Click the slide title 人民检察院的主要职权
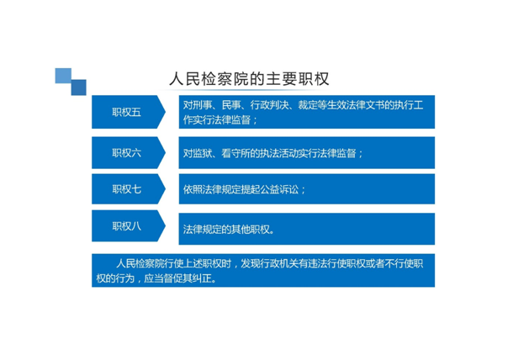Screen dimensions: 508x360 249,79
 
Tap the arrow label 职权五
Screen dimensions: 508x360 126,112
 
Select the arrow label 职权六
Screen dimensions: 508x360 126,152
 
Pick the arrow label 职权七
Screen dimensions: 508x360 126,189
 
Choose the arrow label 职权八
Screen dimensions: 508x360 126,226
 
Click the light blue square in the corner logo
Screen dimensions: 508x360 63,76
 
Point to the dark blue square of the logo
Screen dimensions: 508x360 79,87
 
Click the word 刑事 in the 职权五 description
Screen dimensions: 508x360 203,105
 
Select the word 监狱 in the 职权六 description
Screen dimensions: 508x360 203,153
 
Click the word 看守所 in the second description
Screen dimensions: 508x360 235,153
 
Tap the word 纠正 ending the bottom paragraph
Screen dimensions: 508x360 202,278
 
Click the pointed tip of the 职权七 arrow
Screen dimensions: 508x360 165,189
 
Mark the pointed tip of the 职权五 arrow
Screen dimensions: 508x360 165,112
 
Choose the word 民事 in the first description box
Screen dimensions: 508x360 231,105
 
